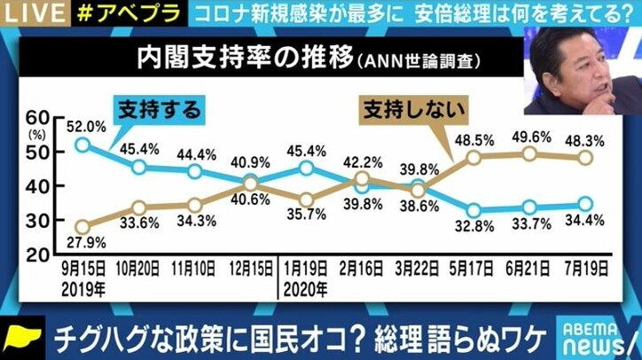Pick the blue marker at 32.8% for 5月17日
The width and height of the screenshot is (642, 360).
click(x=474, y=211)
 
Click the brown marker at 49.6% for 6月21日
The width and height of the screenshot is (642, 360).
click(x=529, y=153)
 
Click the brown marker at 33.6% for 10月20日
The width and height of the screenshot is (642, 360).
click(x=138, y=208)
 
